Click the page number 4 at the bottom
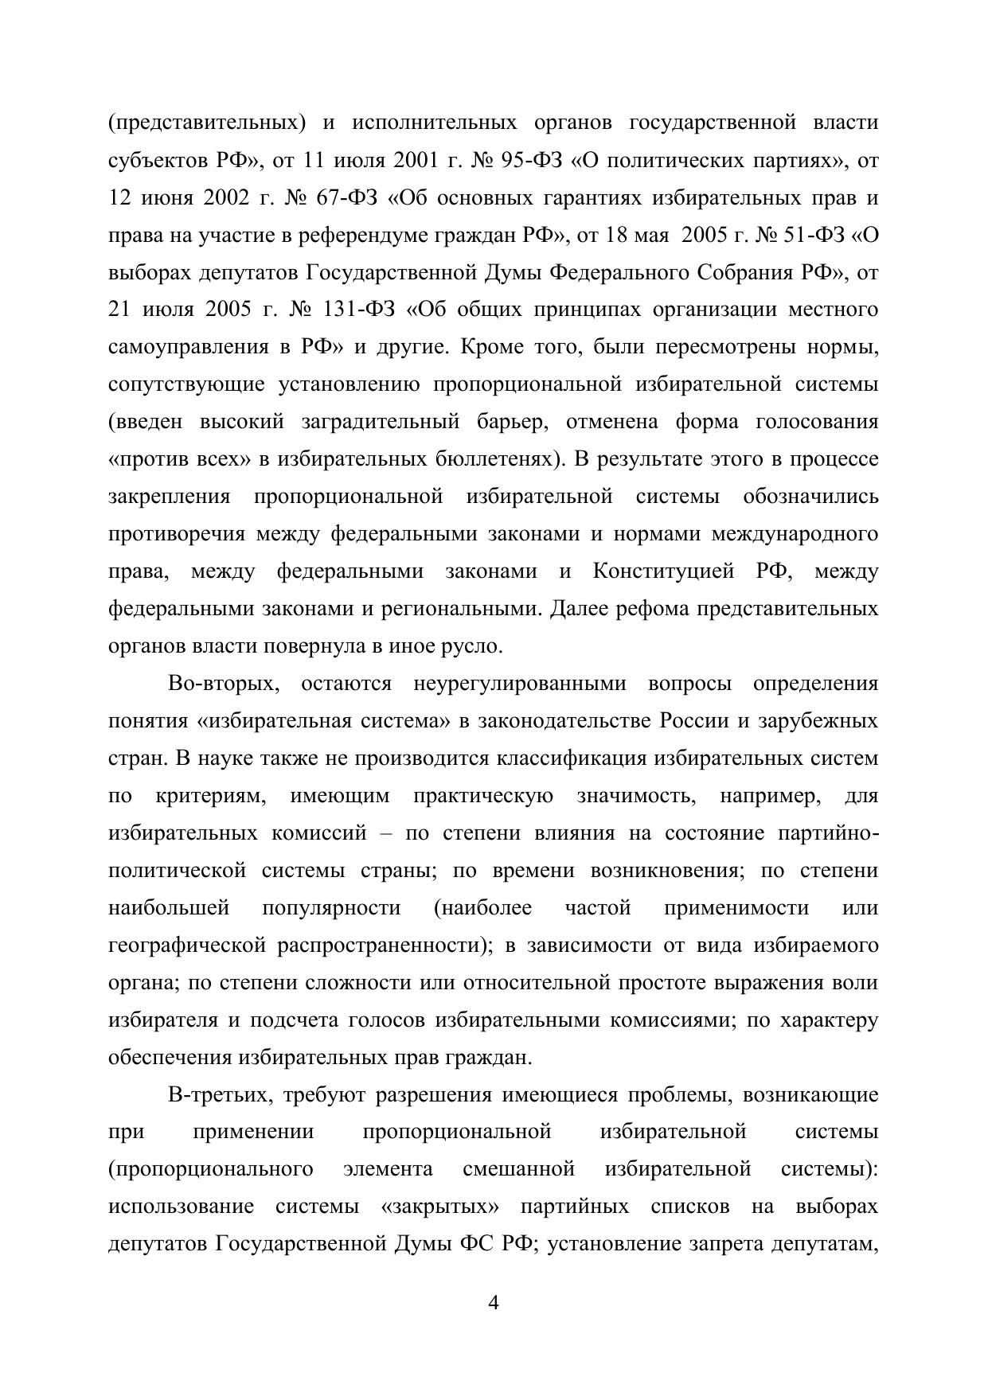[x=493, y=1304]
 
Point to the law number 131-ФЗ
[x=359, y=310]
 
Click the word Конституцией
[x=662, y=571]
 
